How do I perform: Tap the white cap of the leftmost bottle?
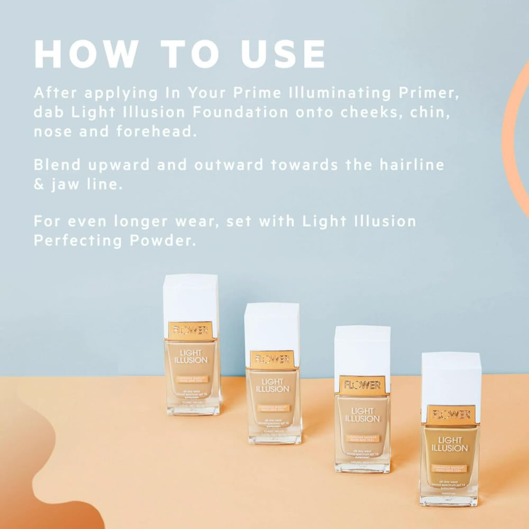[x=190, y=297]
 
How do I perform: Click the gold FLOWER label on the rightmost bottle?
[x=451, y=415]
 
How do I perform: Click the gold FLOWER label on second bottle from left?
[x=272, y=359]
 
